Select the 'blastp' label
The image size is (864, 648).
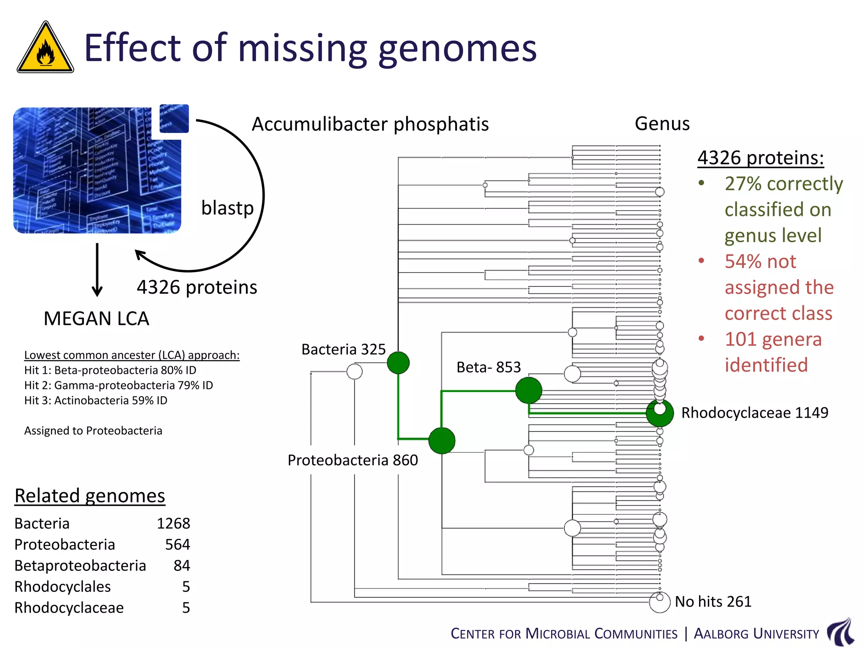(x=227, y=208)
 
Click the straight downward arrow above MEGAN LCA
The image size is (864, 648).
(x=97, y=270)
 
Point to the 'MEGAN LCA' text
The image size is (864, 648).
(x=96, y=319)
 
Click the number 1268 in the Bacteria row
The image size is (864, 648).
(x=173, y=524)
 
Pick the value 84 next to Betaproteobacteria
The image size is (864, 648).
(x=182, y=566)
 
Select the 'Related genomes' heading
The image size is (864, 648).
(x=89, y=496)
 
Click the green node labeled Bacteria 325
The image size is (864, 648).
(x=398, y=363)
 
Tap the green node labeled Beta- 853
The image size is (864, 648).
(x=528, y=390)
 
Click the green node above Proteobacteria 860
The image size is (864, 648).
(x=442, y=440)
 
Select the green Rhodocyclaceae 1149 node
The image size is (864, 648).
(x=659, y=413)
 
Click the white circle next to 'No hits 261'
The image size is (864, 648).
(x=659, y=602)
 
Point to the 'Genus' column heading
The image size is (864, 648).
(x=662, y=124)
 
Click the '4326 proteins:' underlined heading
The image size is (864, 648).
(x=760, y=158)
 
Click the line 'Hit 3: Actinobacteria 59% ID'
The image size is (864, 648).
(x=96, y=400)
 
